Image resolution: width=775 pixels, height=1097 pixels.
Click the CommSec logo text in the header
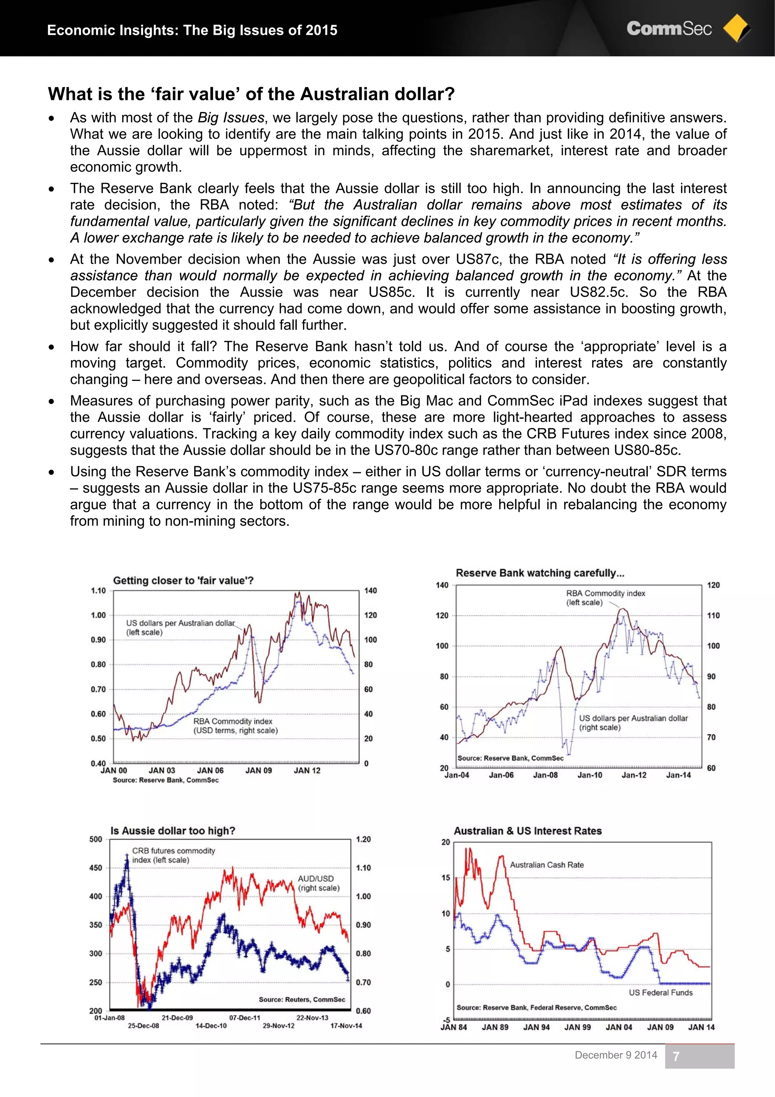[669, 29]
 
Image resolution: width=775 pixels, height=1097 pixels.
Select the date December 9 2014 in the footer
[616, 1055]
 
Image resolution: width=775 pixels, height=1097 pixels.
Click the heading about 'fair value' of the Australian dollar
[251, 94]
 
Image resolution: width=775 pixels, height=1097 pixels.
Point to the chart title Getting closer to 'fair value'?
[184, 580]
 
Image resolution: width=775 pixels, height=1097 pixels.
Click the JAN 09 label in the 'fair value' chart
[258, 770]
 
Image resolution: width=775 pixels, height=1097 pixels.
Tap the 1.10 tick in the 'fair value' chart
[98, 591]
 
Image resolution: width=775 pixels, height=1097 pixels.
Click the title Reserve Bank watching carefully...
[540, 573]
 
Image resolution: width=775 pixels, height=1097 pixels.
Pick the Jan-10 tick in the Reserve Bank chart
[590, 775]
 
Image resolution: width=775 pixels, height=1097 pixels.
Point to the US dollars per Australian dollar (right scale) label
[633, 722]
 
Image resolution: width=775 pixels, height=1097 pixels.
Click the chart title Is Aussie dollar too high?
[173, 831]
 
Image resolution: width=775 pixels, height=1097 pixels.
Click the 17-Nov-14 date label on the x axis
[346, 1025]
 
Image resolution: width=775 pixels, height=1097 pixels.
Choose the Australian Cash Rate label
[547, 865]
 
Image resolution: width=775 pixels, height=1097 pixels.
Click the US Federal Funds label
[660, 992]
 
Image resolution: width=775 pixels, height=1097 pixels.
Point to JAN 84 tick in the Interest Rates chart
[454, 1027]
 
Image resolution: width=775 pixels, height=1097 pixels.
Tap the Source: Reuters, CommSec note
[302, 999]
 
